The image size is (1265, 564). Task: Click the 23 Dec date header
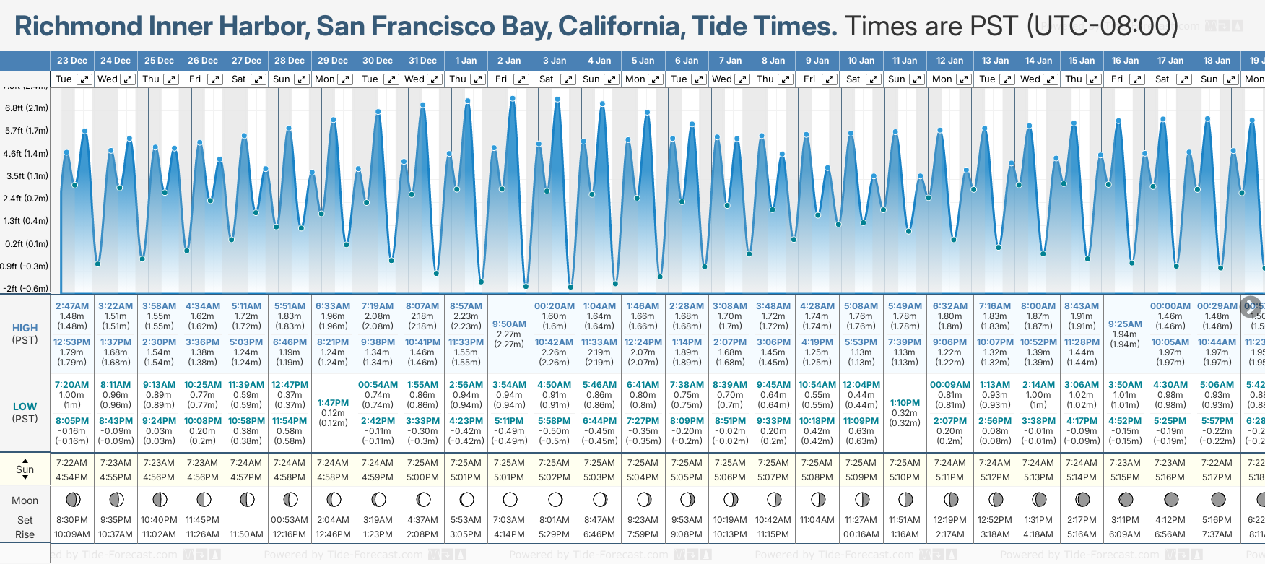point(71,61)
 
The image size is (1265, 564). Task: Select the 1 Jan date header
point(466,61)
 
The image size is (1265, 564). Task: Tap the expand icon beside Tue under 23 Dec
point(84,79)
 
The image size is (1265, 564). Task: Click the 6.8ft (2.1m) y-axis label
point(27,108)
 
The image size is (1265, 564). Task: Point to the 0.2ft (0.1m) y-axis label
point(27,243)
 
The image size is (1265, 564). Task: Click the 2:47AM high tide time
point(72,306)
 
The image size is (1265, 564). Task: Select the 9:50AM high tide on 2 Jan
point(509,324)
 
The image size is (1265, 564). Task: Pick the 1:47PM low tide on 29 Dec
point(333,403)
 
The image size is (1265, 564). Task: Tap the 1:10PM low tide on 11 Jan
point(905,403)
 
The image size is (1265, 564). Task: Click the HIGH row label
point(25,328)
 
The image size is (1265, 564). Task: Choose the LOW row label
point(25,407)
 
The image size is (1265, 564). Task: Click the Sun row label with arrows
point(25,469)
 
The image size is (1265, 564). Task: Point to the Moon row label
point(25,500)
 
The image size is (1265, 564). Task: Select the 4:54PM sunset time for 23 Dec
point(72,477)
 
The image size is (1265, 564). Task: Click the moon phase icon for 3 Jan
point(555,499)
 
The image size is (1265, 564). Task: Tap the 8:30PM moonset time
point(72,520)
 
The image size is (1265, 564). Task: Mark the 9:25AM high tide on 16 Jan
point(1125,324)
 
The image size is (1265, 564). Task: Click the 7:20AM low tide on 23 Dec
point(72,385)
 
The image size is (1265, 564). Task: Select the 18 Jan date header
point(1217,61)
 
